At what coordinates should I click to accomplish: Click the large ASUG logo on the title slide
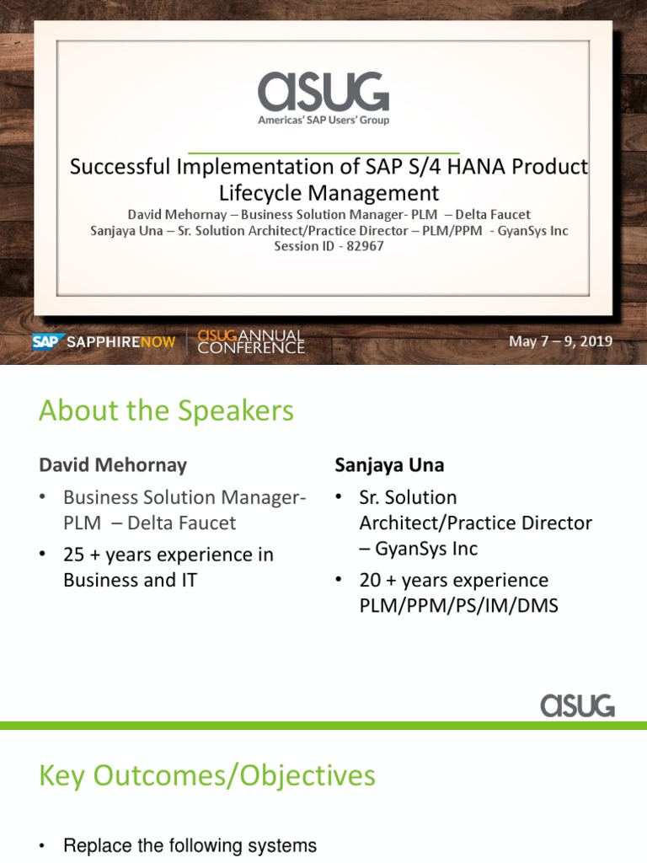(323, 92)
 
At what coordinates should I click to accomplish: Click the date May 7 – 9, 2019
(560, 341)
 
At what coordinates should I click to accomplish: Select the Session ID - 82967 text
(329, 246)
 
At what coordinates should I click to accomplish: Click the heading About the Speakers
(166, 410)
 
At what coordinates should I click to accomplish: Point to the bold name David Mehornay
(113, 464)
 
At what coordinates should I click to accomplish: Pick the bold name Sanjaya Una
(389, 464)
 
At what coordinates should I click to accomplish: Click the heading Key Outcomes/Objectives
(207, 775)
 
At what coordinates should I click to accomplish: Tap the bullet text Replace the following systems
(190, 845)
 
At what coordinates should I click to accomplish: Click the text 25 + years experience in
(168, 555)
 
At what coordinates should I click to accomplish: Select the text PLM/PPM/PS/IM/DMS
(458, 605)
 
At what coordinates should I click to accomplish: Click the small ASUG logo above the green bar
(577, 705)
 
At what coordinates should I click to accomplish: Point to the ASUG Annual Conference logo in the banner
(251, 341)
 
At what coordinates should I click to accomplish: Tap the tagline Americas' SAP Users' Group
(323, 121)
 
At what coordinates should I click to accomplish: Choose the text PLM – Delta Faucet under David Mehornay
(150, 523)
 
